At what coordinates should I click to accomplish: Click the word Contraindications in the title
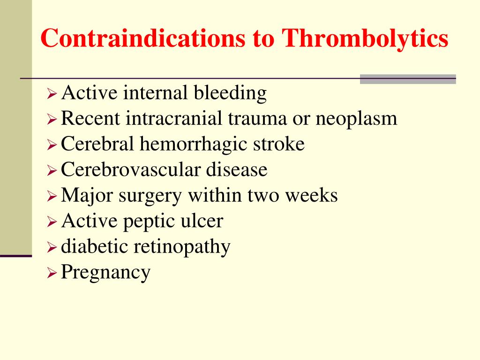tap(141, 39)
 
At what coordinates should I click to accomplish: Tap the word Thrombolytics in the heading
tap(365, 39)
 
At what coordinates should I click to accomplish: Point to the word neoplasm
tap(356, 119)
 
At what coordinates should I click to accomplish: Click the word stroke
tap(279, 144)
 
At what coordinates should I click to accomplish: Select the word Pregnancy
tap(106, 272)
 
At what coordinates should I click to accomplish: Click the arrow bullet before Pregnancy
tap(52, 272)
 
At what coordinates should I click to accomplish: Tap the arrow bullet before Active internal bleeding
tap(52, 94)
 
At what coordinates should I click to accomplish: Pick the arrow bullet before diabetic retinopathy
tap(52, 247)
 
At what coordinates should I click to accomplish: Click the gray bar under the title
tap(408, 79)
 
